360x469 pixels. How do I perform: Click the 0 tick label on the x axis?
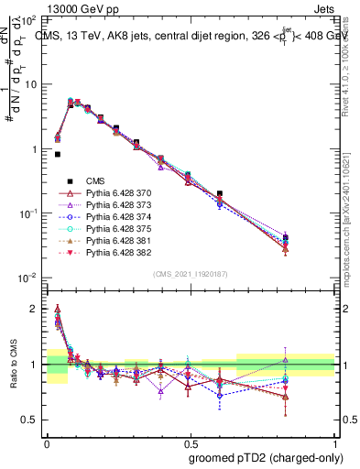pyautogui.click(x=47, y=442)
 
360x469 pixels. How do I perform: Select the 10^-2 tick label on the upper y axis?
pyautogui.click(x=30, y=278)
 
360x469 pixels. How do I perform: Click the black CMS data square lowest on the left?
pyautogui.click(x=57, y=155)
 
